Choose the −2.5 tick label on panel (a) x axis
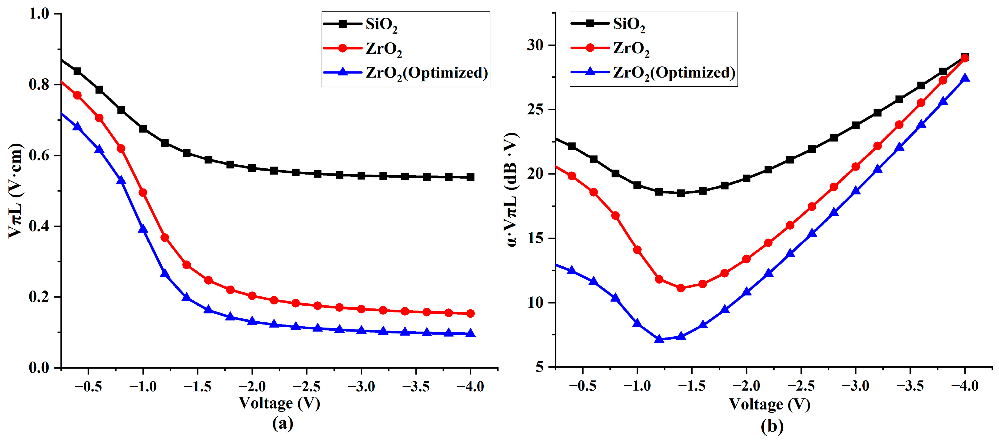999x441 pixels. pyautogui.click(x=307, y=386)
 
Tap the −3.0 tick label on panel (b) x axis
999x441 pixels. pyautogui.click(x=856, y=386)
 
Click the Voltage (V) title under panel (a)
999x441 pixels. pyautogui.click(x=279, y=403)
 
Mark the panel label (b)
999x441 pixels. pyautogui.click(x=772, y=426)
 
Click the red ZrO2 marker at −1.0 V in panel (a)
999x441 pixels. pyautogui.click(x=143, y=193)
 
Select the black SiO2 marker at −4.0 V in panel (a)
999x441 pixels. pyautogui.click(x=470, y=177)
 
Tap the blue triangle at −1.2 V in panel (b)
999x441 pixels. pyautogui.click(x=659, y=339)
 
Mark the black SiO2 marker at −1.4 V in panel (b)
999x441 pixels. pyautogui.click(x=681, y=193)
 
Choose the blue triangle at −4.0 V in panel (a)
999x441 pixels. pyautogui.click(x=470, y=333)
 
